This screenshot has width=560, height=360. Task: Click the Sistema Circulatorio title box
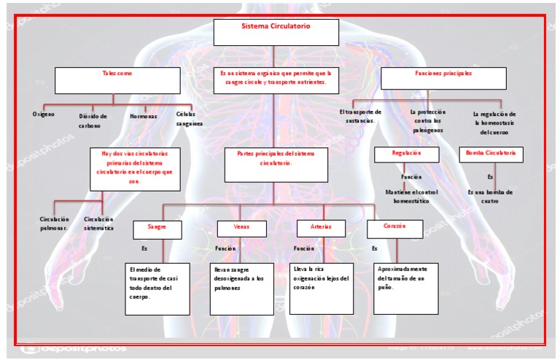click(x=276, y=32)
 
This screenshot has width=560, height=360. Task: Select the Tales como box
click(x=117, y=80)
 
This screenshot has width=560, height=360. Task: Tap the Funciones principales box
click(x=443, y=78)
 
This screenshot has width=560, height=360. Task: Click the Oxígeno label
click(x=44, y=114)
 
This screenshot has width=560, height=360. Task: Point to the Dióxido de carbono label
click(x=93, y=120)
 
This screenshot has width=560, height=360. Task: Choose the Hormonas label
click(x=143, y=116)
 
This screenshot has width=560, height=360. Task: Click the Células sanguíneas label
click(x=189, y=119)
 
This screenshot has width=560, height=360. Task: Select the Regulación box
click(x=406, y=154)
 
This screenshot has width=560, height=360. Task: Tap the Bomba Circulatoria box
click(x=490, y=154)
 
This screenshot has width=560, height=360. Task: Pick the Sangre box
click(x=157, y=230)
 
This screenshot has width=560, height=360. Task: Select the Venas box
click(x=241, y=230)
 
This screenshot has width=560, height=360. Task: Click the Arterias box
click(x=321, y=230)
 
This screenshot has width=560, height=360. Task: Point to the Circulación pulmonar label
click(x=54, y=223)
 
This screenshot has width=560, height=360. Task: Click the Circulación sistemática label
click(x=98, y=223)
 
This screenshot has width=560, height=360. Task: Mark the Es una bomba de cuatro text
click(x=490, y=196)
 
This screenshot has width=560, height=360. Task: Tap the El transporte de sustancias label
click(x=361, y=116)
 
